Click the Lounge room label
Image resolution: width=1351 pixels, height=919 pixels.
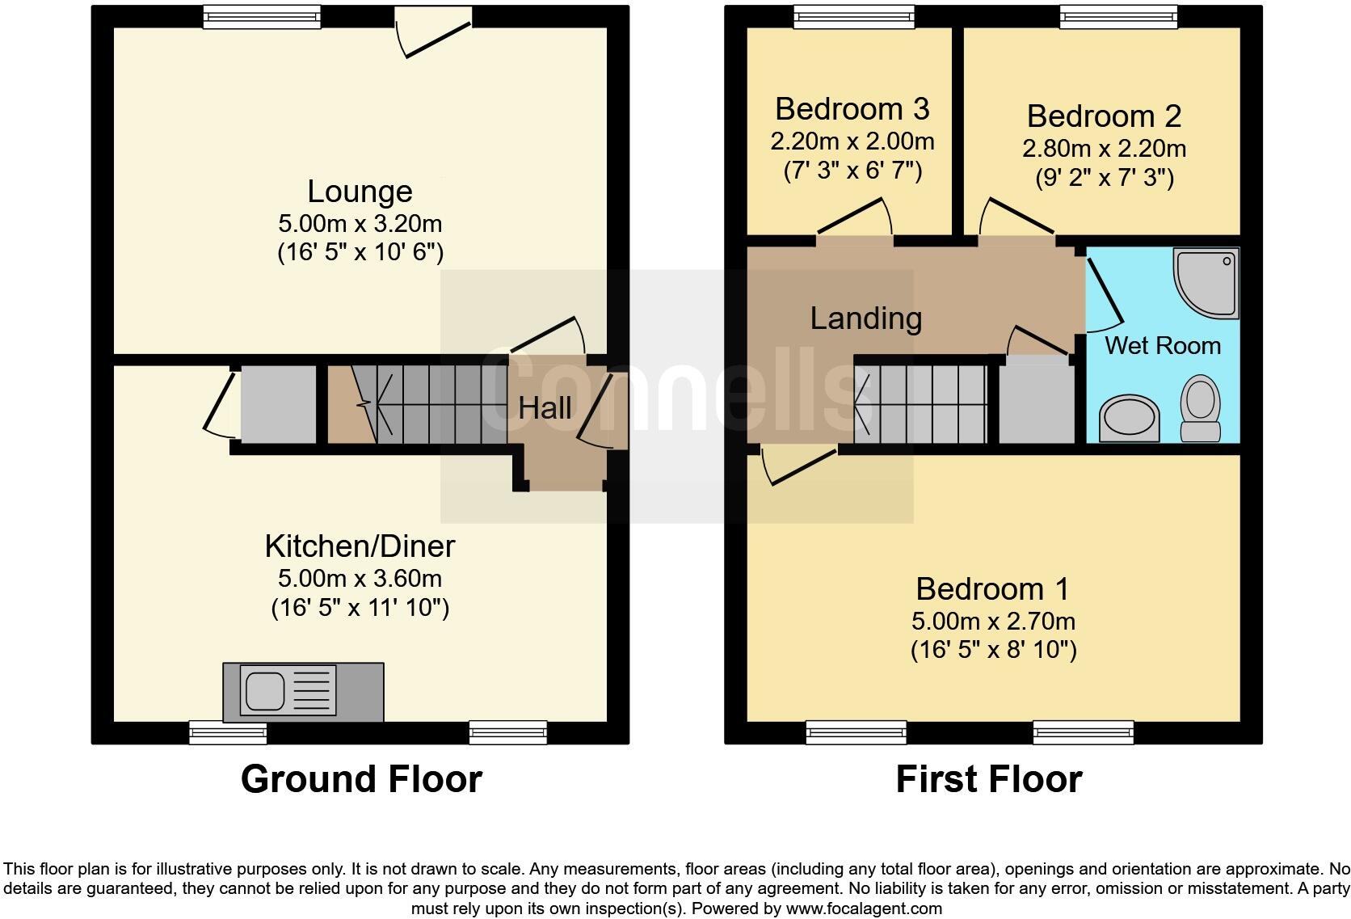[360, 192]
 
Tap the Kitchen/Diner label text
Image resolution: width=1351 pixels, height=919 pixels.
[360, 547]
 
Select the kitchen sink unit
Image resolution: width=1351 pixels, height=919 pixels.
[302, 693]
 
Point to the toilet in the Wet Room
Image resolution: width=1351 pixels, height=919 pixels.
[1201, 410]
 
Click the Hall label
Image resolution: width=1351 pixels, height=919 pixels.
[545, 408]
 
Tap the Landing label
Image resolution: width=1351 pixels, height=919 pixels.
[865, 318]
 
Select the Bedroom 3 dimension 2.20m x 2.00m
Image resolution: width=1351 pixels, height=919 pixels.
[852, 142]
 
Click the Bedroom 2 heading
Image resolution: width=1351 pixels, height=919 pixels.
[1104, 116]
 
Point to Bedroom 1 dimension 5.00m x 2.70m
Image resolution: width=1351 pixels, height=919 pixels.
[993, 622]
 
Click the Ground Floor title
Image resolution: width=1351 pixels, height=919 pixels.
[361, 779]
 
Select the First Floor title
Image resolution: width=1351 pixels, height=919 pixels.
[988, 779]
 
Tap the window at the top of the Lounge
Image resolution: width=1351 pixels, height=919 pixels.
[262, 17]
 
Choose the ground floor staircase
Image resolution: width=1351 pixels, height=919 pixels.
[428, 403]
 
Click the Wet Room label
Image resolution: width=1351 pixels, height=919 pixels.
[1162, 346]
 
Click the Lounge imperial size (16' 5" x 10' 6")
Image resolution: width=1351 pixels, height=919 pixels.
[360, 253]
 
